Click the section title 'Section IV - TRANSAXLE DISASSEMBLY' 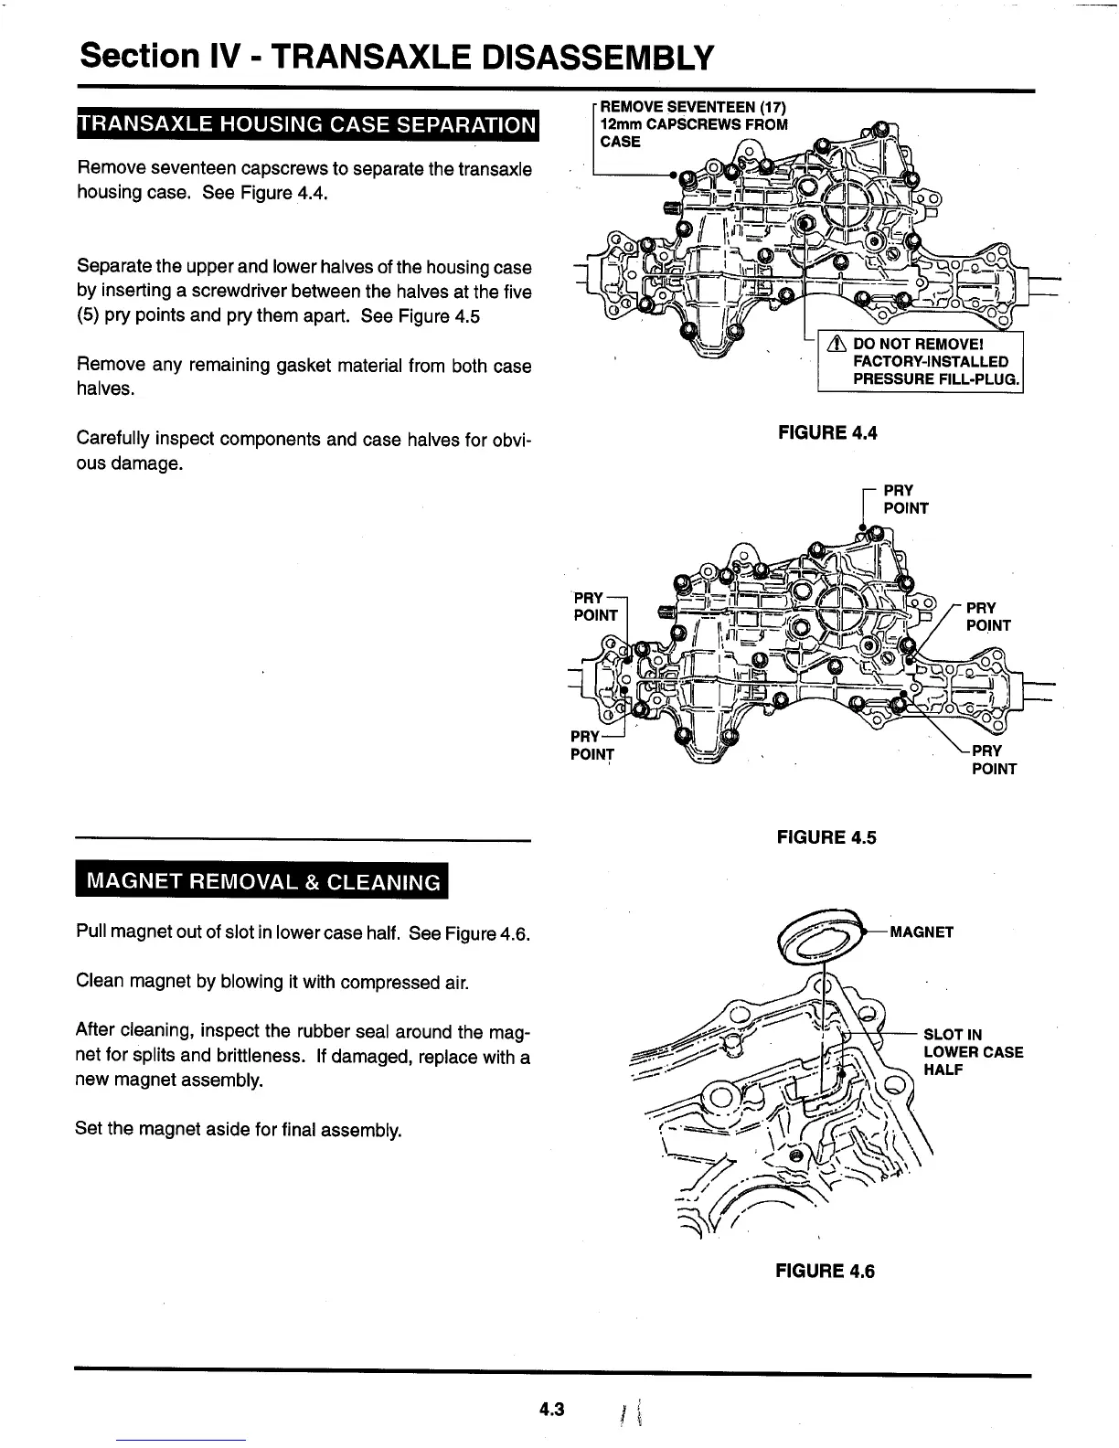point(395,58)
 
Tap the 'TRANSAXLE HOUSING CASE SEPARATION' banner point(307,124)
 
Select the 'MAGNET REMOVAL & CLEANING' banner point(263,882)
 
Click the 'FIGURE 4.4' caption point(826,432)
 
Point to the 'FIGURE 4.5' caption point(826,836)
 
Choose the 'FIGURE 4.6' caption point(825,1271)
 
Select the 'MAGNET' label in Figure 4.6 point(922,932)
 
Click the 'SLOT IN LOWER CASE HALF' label point(973,1052)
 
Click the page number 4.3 point(551,1409)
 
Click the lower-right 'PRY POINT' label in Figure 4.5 point(993,760)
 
